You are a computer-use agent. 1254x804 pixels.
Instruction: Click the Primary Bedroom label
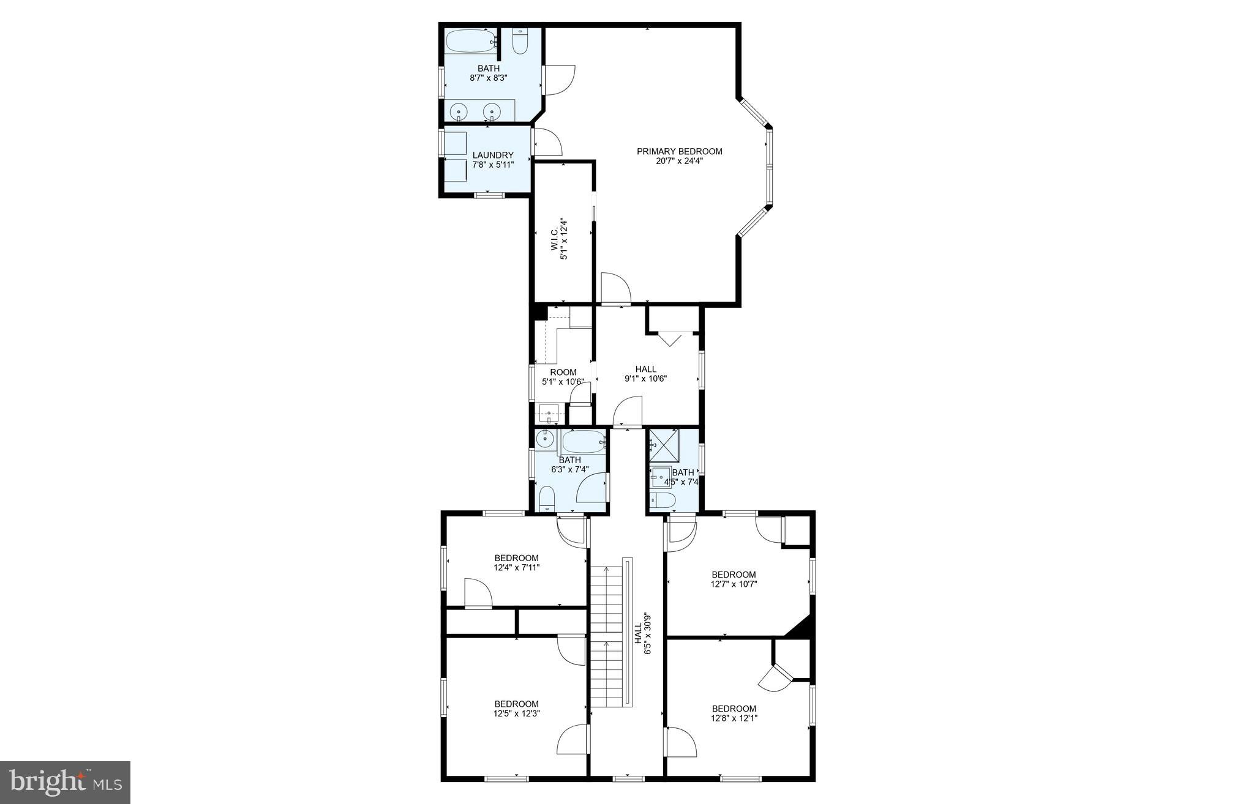(x=679, y=151)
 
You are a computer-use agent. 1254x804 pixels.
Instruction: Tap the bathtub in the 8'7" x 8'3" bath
(x=470, y=42)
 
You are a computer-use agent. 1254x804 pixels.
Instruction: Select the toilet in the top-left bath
(x=520, y=42)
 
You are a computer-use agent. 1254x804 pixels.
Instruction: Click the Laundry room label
(x=493, y=155)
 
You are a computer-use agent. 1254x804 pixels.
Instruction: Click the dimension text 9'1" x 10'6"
(x=645, y=379)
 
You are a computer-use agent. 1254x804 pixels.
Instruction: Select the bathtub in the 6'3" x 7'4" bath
(x=583, y=442)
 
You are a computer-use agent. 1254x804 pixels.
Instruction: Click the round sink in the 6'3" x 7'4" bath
(x=544, y=439)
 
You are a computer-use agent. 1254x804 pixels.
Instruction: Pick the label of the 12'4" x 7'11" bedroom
(x=516, y=558)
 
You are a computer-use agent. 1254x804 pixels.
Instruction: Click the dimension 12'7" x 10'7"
(x=734, y=584)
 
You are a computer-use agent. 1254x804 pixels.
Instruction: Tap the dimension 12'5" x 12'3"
(x=516, y=713)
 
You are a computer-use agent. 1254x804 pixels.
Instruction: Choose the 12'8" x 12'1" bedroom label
(x=734, y=709)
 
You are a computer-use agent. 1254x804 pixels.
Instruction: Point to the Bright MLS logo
(x=65, y=782)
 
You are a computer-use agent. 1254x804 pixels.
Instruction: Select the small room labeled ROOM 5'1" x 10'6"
(x=563, y=372)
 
